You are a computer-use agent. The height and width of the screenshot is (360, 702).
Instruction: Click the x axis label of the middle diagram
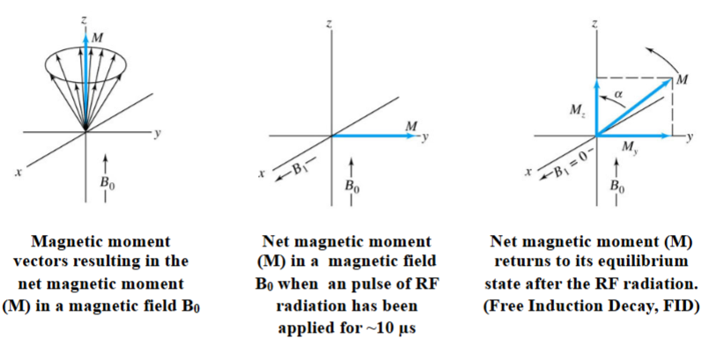pyautogui.click(x=262, y=174)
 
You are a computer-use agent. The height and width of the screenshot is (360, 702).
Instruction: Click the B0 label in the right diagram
pyautogui.click(x=616, y=187)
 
